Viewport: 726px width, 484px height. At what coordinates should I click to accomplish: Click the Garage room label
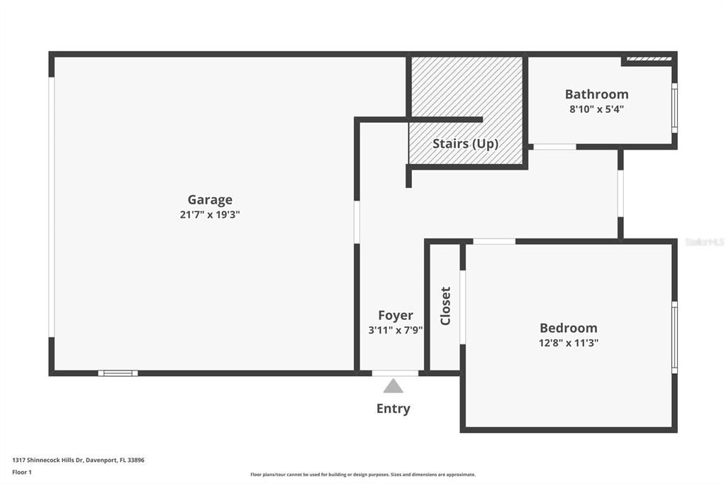click(210, 200)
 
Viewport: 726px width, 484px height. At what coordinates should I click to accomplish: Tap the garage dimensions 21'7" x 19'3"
click(210, 215)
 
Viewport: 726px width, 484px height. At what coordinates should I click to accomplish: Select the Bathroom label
click(596, 94)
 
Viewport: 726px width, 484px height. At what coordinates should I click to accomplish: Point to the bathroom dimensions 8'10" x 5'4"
click(596, 109)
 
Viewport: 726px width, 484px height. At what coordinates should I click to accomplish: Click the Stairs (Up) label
click(465, 143)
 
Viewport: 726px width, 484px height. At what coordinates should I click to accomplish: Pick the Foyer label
click(396, 315)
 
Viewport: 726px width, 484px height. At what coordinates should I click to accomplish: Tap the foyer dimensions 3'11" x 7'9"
click(396, 330)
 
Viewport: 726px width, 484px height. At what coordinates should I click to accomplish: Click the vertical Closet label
click(445, 306)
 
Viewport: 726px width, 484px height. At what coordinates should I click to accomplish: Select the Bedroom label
click(568, 328)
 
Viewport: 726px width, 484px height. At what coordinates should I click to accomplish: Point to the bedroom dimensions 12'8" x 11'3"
click(568, 343)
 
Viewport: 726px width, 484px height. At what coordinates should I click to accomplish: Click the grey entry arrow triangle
click(393, 386)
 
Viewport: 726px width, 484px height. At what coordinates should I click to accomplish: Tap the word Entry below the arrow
click(393, 409)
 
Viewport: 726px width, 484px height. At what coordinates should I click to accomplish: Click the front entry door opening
click(395, 373)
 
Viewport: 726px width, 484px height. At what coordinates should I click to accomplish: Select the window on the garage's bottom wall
click(118, 373)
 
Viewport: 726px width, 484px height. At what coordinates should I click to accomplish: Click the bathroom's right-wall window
click(674, 109)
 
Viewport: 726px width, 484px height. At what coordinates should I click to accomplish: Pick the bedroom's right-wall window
click(674, 337)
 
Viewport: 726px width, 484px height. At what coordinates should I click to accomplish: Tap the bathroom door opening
click(554, 147)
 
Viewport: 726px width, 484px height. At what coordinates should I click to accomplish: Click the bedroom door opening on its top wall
click(494, 241)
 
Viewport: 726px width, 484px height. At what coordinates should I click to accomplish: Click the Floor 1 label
click(22, 472)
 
